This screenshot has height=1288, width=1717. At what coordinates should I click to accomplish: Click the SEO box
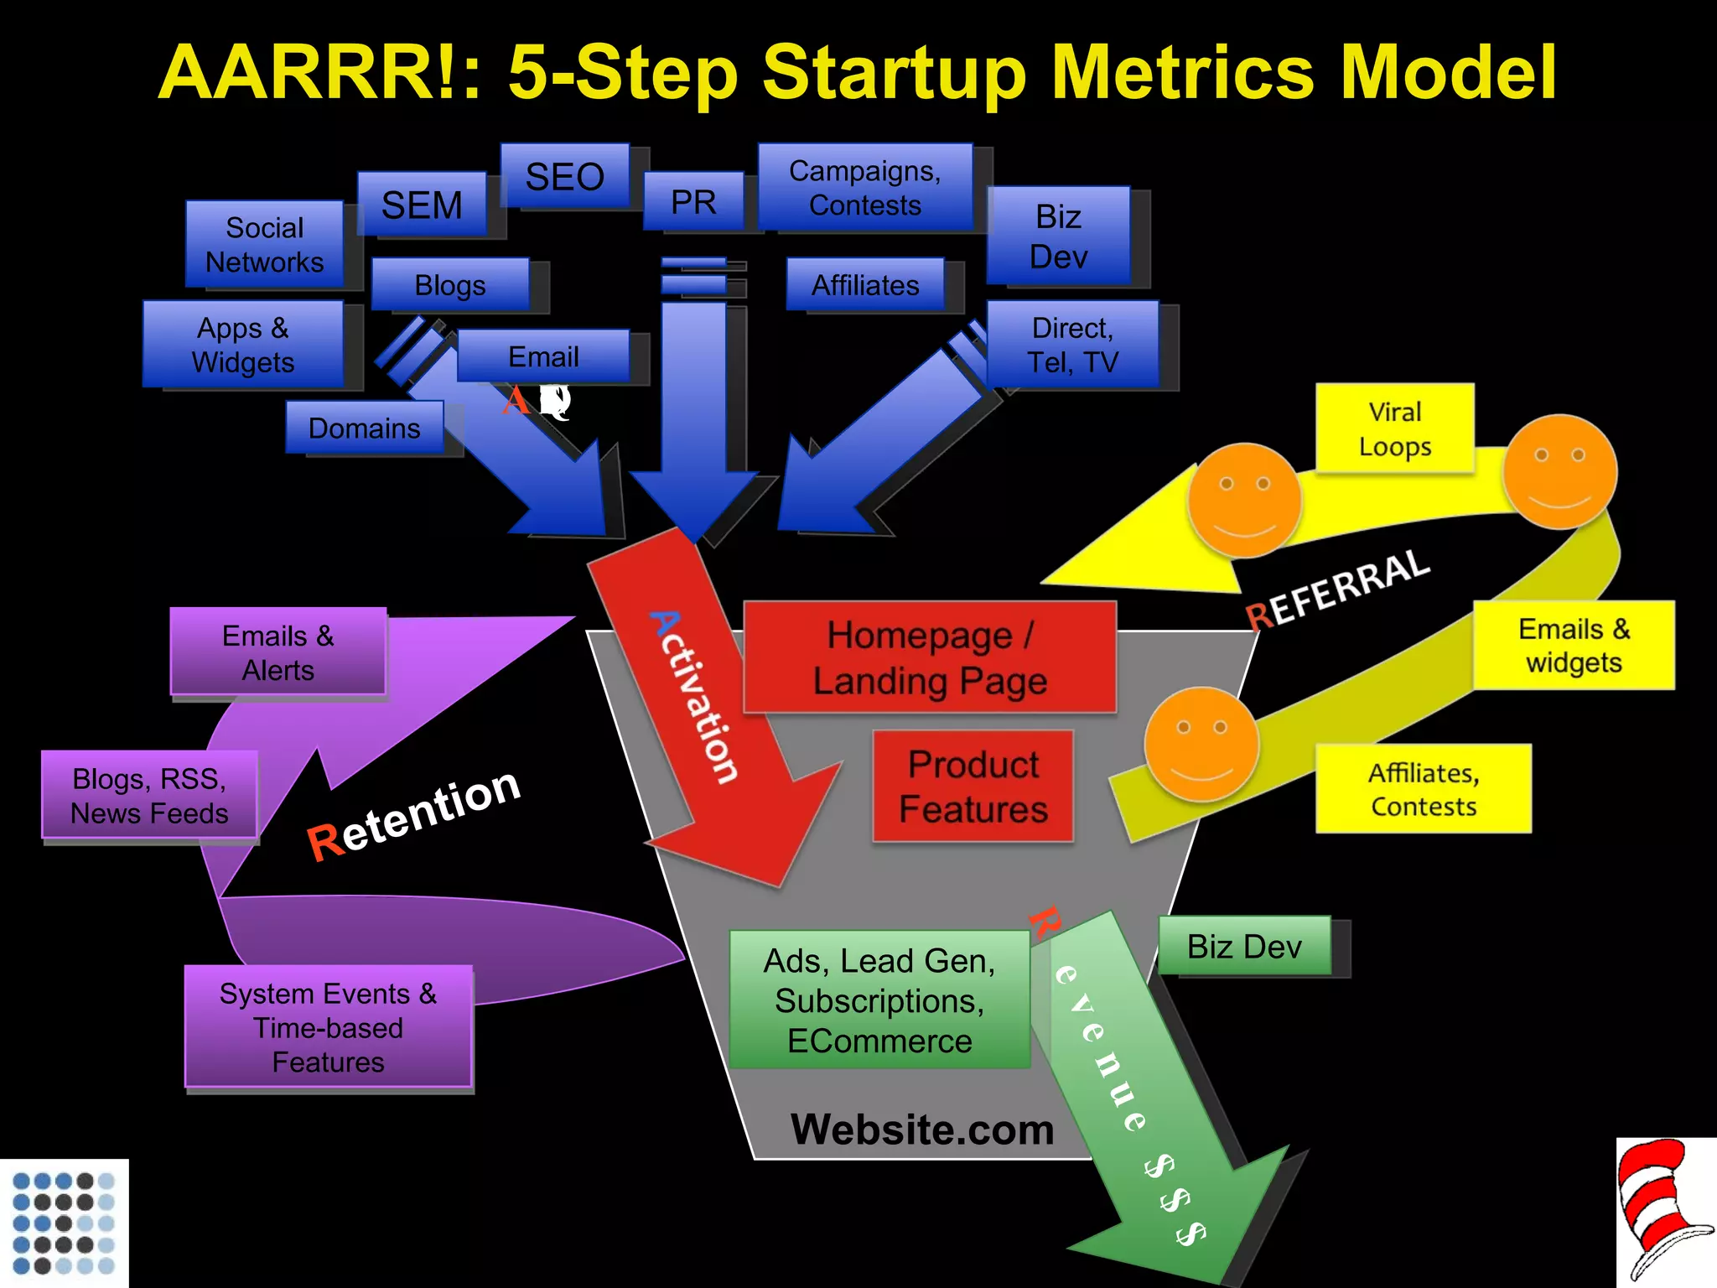point(564,176)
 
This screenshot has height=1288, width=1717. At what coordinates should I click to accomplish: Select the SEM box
point(422,205)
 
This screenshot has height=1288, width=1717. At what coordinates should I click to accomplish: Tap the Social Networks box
point(264,244)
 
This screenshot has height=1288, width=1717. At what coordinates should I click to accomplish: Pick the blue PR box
point(693,201)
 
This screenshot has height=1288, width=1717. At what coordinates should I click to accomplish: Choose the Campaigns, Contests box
point(864,187)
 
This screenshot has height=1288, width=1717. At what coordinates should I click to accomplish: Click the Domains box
point(365,428)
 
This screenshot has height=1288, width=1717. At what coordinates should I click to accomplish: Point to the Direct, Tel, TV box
point(1072,345)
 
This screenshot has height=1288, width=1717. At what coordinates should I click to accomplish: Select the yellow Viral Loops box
point(1394,428)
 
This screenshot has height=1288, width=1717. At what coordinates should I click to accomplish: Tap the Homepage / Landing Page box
point(930,657)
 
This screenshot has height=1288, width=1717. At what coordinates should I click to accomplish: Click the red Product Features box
point(973,787)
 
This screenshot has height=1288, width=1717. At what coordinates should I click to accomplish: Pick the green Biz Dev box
point(1244,946)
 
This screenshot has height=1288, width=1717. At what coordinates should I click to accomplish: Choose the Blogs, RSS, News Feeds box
point(149,795)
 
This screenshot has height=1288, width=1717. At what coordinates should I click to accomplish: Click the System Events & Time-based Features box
point(328,1026)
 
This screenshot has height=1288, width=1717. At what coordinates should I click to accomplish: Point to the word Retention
point(414,814)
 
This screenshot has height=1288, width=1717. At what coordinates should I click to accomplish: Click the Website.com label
point(922,1129)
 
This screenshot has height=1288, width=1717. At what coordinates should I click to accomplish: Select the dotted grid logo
point(64,1223)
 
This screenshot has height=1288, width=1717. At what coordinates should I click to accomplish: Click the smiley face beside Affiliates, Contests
point(1201,744)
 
